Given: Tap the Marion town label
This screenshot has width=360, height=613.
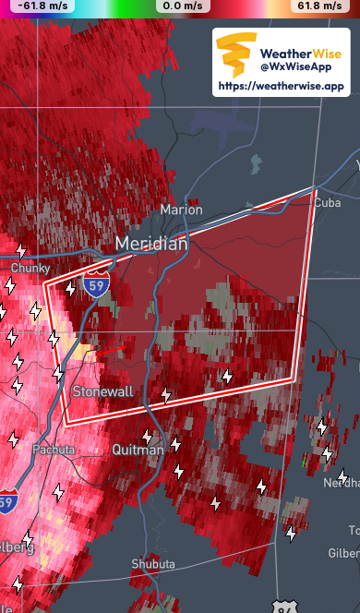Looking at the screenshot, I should pos(181,210).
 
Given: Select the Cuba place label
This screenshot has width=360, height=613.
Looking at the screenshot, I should pos(328,202).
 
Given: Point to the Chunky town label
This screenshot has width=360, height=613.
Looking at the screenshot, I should pos(30,268).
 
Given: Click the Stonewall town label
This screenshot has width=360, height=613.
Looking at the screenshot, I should pos(102,391).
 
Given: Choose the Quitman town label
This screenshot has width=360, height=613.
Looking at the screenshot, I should pos(138,450).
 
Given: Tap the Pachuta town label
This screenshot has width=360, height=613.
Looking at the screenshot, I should pos(53,450).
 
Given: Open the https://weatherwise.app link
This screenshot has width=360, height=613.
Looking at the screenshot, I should pos(281,86).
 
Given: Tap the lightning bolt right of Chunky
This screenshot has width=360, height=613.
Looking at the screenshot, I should pos(70,289).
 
